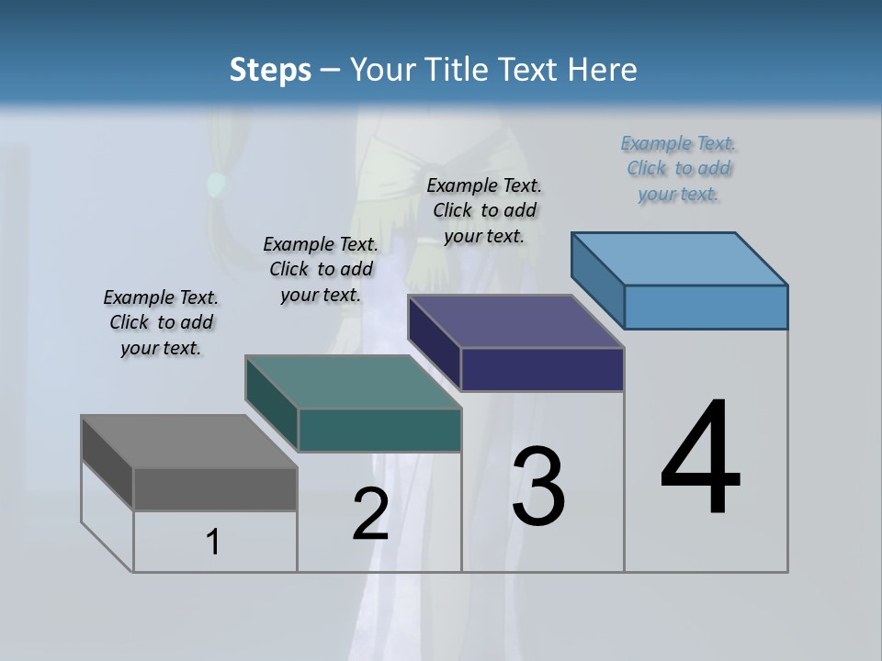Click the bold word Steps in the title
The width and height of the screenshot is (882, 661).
pos(270,70)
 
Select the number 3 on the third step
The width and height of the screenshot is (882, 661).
pos(538,487)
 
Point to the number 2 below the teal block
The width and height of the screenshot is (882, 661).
pos(371,514)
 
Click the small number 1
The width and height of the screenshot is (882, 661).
pos(213,542)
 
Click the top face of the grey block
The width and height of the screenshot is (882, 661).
pos(188,442)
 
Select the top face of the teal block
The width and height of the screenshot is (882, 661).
pos(353,382)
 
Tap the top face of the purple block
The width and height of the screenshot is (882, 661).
pos(516,321)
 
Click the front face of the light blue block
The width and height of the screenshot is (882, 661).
pos(706,307)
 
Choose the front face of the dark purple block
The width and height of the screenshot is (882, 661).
pos(542,370)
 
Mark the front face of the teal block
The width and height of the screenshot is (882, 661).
pos(379,430)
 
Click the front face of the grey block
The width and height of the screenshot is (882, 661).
pos(215,489)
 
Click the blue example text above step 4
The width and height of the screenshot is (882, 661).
pos(678,169)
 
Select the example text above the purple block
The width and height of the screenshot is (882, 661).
pos(484,210)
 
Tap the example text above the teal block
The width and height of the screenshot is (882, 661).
pos(321,270)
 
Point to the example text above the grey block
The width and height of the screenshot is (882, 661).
pos(161,323)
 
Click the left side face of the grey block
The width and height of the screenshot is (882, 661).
pos(107,463)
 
